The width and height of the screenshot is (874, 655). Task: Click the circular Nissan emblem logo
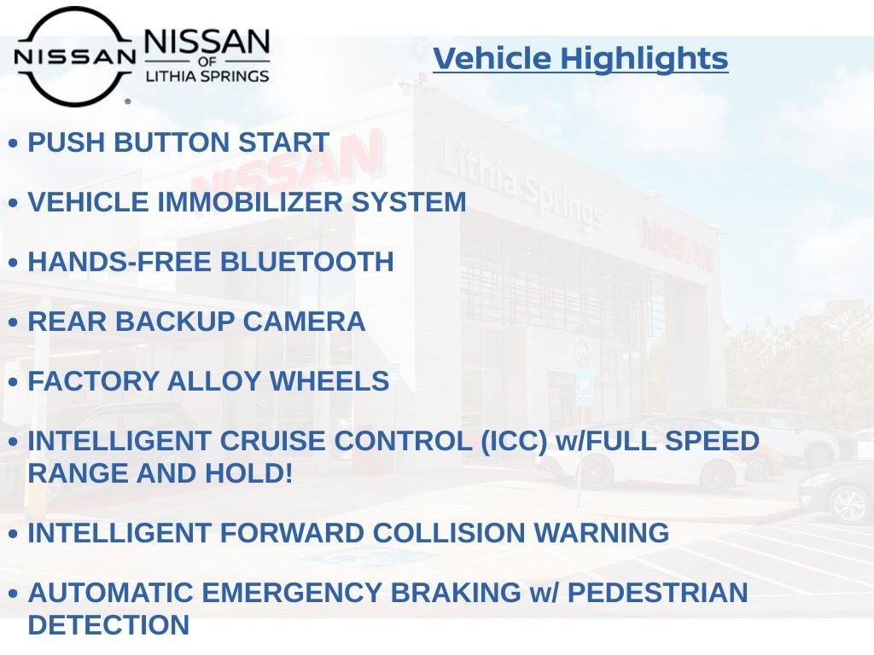74,56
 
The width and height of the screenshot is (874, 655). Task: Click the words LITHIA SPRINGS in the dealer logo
207,76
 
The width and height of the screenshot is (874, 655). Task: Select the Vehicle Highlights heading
580,59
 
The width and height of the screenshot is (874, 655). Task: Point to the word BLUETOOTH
307,262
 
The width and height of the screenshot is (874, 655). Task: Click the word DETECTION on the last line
108,624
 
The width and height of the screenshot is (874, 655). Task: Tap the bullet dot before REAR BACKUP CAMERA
13,323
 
